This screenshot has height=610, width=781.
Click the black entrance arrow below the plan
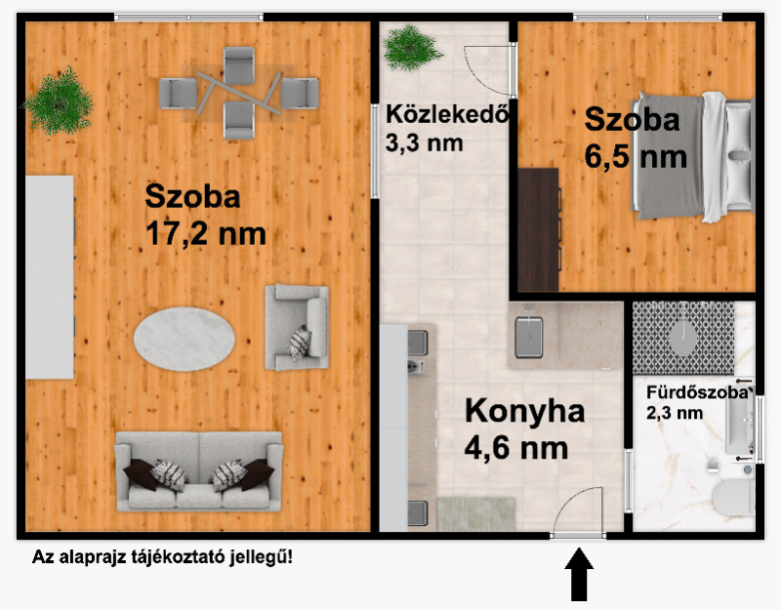click(579, 574)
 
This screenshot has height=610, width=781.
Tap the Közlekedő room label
click(447, 114)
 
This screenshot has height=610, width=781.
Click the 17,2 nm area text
click(206, 233)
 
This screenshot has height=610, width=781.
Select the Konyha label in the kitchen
click(524, 411)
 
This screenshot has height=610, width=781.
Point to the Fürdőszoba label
click(698, 392)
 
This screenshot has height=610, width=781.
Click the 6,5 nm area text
click(636, 156)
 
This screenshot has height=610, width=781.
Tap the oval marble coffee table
click(185, 339)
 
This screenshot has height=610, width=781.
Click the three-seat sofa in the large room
click(199, 471)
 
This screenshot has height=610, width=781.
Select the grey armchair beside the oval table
click(297, 327)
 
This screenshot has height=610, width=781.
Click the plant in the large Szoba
click(59, 102)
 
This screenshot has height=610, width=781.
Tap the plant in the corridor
click(411, 47)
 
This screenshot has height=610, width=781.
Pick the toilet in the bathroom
click(734, 498)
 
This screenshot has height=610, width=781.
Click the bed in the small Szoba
click(693, 156)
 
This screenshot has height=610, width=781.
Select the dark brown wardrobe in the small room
click(539, 229)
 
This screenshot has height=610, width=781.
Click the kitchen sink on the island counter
click(528, 336)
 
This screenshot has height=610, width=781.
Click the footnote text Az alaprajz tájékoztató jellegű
click(162, 556)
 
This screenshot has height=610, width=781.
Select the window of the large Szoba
click(188, 18)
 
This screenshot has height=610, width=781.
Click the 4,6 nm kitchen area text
click(516, 448)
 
